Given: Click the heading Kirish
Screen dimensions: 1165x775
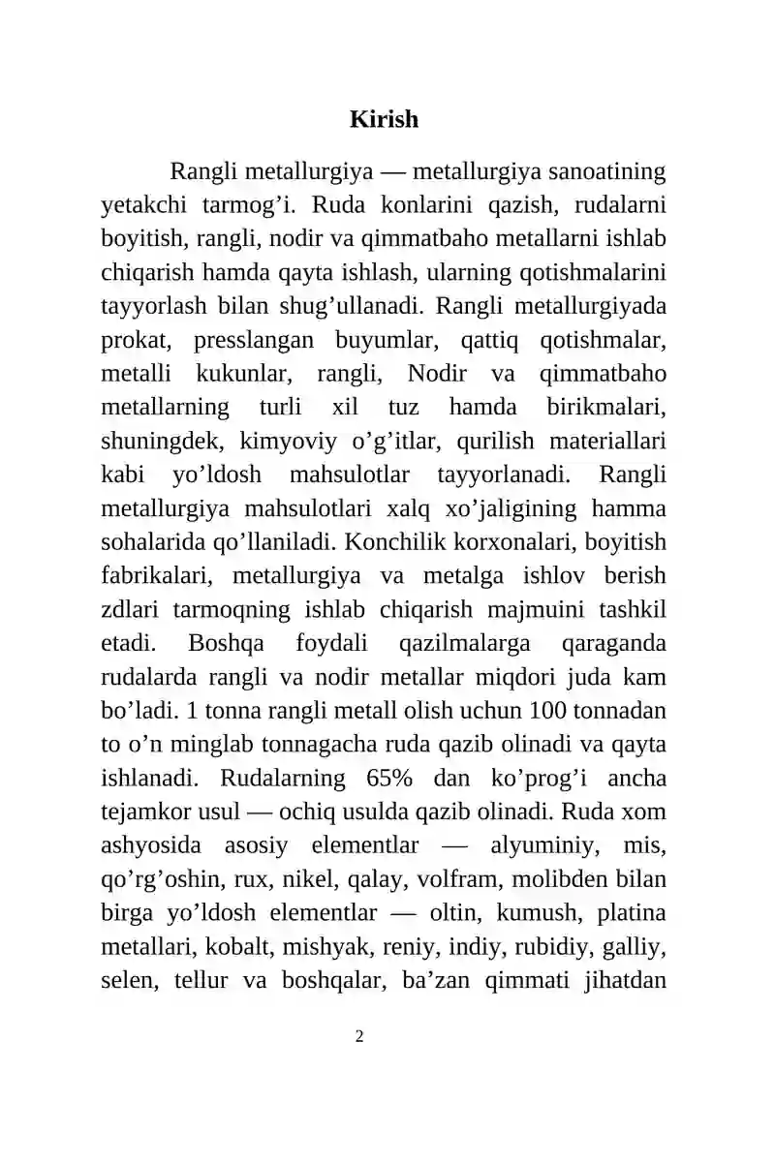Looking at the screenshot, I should (x=384, y=120).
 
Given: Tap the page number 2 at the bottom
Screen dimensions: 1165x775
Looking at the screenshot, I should (x=359, y=1037).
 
